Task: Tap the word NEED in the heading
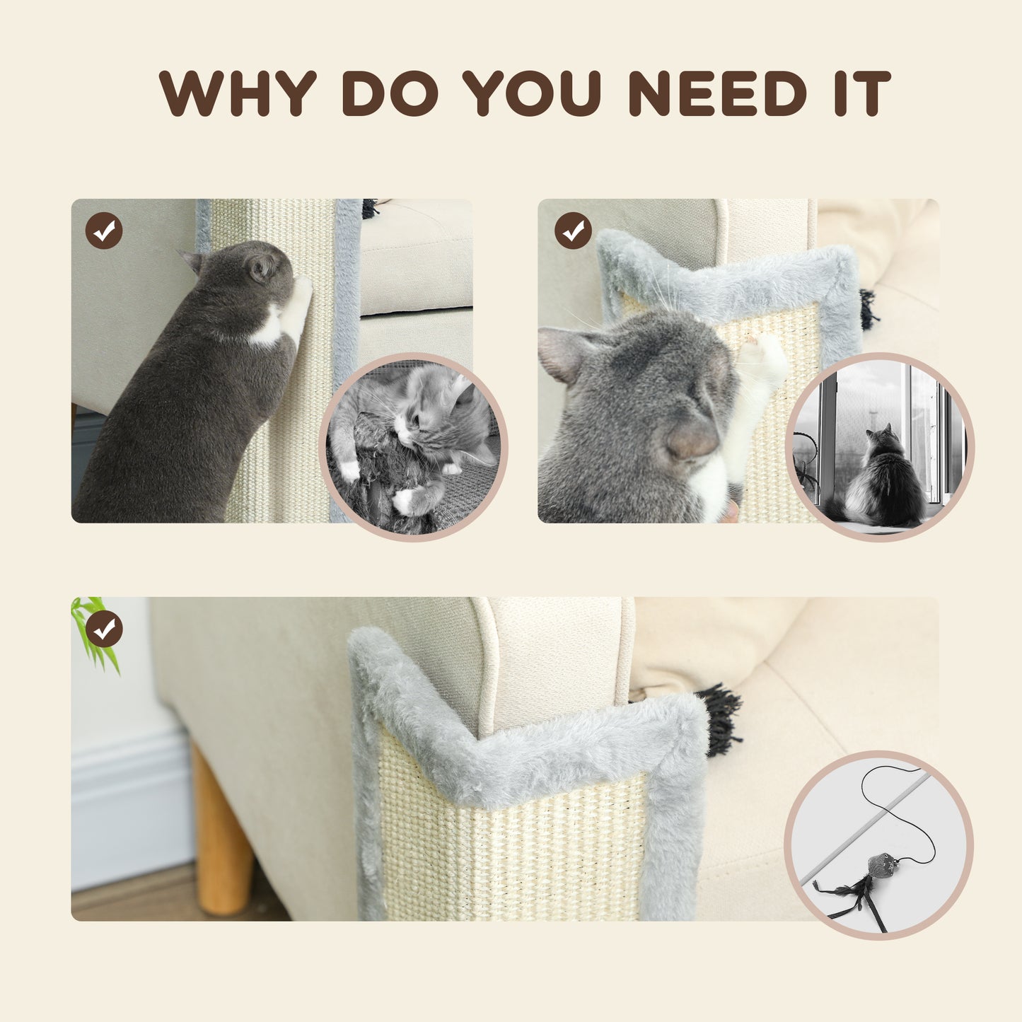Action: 717,93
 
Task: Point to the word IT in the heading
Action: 862,93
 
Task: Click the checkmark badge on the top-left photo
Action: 104,231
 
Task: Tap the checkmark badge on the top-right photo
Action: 573,231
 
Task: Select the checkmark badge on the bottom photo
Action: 104,629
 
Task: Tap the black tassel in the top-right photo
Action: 869,310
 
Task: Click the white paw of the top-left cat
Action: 297,304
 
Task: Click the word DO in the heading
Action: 390,93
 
